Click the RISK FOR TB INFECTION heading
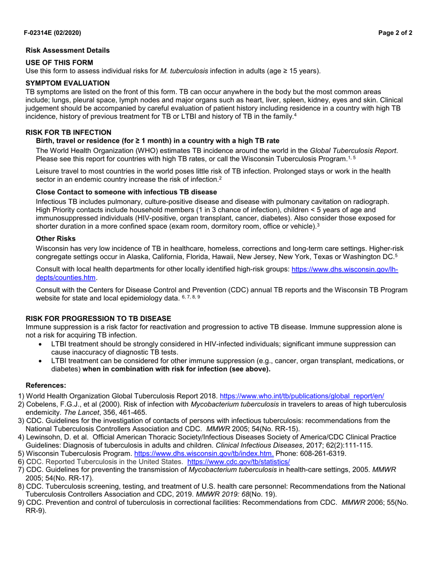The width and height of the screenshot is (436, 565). click(68, 132)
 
